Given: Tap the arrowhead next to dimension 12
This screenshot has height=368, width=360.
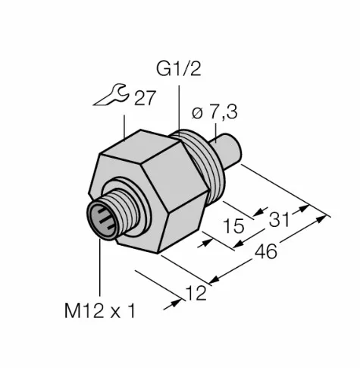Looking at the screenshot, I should coord(182,301).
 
